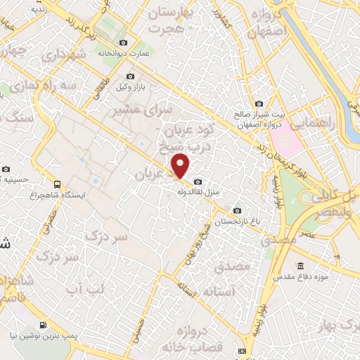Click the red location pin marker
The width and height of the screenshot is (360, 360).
(x=181, y=165)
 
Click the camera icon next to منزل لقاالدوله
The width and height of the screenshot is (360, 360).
(x=195, y=179)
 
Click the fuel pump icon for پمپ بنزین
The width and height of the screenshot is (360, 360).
(x=44, y=325)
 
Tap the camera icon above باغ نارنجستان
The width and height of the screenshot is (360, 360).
(x=237, y=211)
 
